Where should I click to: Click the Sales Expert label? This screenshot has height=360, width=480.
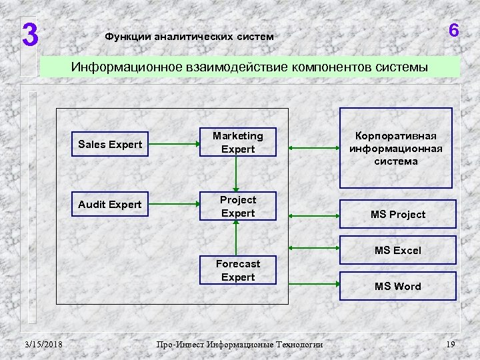tap(110, 144)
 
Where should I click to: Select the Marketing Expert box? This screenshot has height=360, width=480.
tap(238, 143)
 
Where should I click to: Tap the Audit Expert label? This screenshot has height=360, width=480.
tap(110, 204)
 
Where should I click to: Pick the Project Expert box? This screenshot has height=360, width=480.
tap(238, 206)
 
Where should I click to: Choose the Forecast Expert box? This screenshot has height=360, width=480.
tap(238, 269)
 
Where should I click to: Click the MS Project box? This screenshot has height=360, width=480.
tap(399, 215)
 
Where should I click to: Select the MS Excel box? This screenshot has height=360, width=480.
tap(397, 251)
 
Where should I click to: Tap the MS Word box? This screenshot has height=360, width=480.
tap(397, 287)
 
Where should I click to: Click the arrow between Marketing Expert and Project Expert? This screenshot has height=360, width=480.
tap(235, 175)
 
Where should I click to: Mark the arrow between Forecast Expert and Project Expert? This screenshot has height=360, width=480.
tap(235, 237)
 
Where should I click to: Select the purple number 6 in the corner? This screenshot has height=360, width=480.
tap(454, 31)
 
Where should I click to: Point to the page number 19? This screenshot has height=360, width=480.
tap(450, 344)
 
